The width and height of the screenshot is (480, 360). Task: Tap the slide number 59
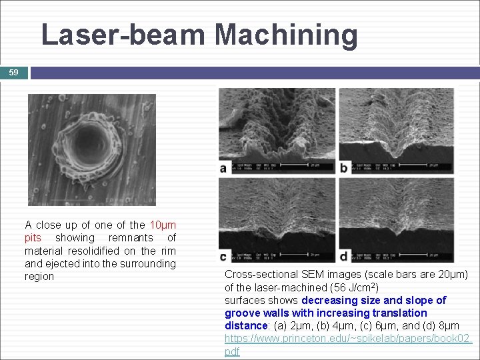point(14,72)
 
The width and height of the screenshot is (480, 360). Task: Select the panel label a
point(223,169)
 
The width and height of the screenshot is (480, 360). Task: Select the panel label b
point(343,169)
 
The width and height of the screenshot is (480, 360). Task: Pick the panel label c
point(223,257)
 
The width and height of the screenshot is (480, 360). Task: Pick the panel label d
point(343,257)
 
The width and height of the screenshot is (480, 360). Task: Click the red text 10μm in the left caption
point(163,225)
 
